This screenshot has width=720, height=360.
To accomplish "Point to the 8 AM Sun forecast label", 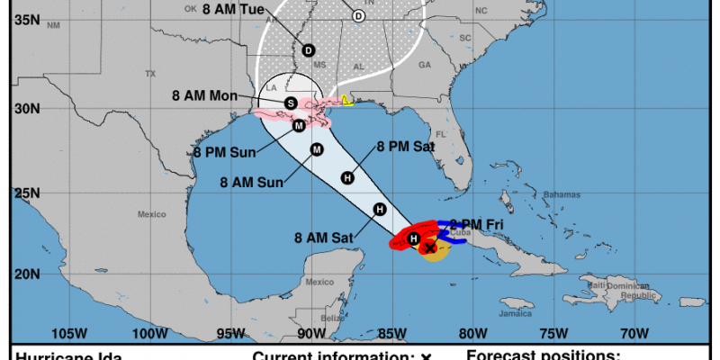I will tap(252, 181).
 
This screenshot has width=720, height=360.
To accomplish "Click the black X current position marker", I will tap(430, 247).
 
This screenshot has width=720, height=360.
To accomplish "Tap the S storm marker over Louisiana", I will tap(291, 103).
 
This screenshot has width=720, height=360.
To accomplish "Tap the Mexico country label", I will tap(152, 214).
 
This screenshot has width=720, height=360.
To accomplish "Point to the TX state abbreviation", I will tap(151, 74).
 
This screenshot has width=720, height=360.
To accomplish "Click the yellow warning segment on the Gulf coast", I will tap(346, 101).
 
